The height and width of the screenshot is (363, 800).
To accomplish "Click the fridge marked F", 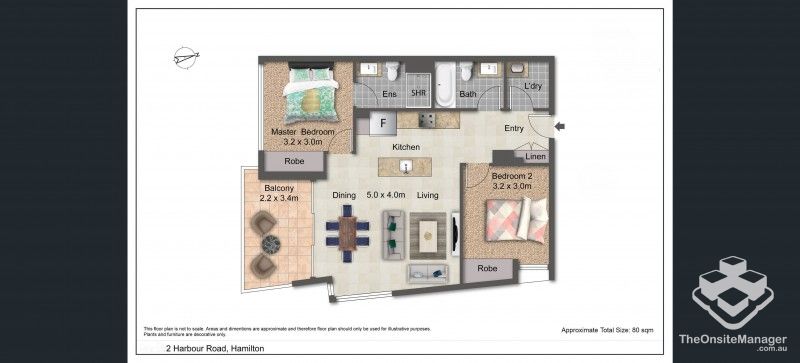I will point(381,124).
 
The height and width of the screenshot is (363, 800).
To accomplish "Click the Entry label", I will point(514,128).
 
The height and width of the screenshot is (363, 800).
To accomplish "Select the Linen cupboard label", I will point(536,158).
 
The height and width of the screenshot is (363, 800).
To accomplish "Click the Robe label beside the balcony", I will point(294,161).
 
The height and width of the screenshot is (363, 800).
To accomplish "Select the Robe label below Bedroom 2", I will point(487,268).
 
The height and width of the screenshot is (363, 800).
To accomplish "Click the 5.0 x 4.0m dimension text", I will point(385,196).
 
